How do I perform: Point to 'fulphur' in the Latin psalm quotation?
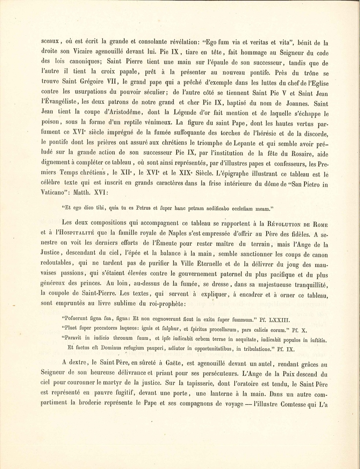[x=170, y=329]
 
